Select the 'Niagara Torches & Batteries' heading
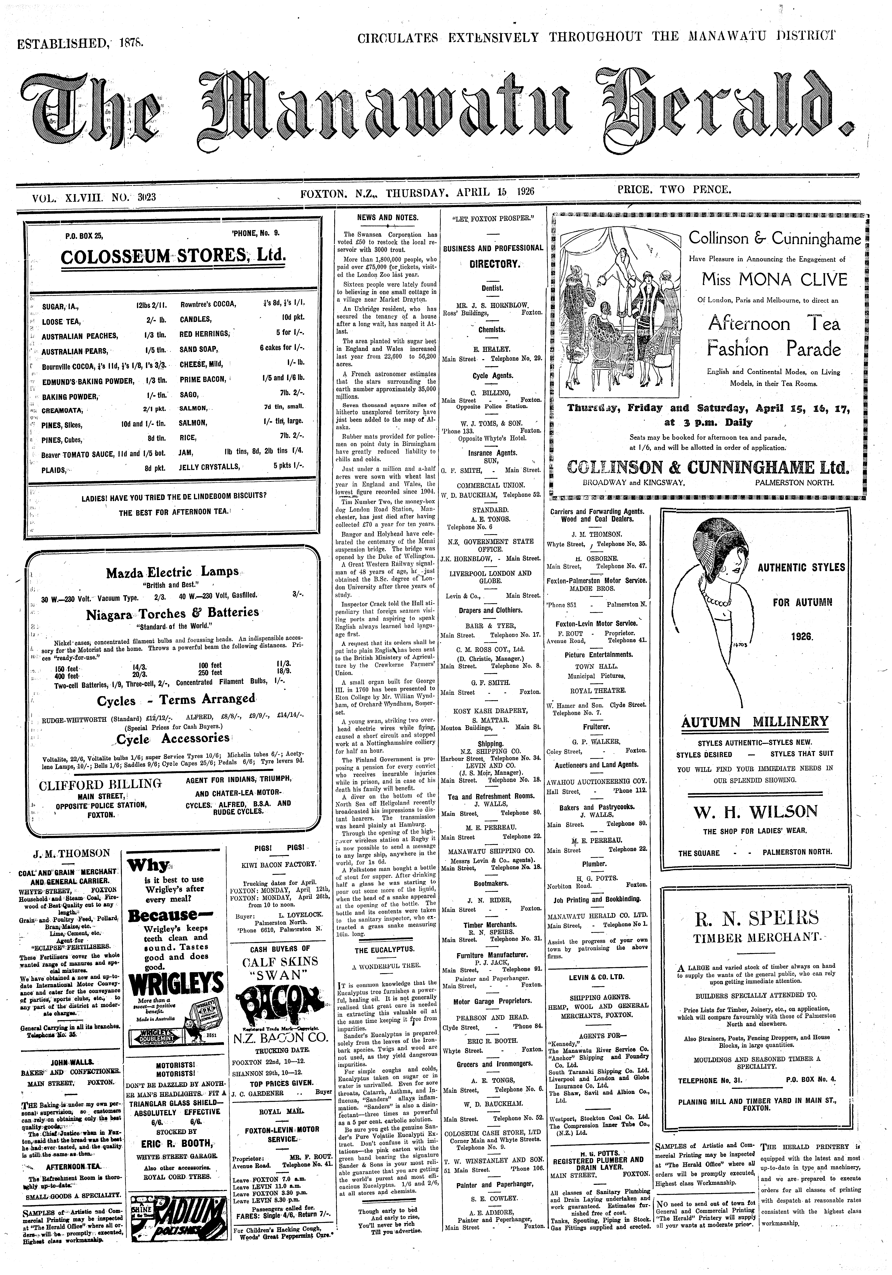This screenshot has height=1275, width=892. (x=172, y=613)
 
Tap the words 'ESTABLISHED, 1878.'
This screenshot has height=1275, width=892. (x=80, y=42)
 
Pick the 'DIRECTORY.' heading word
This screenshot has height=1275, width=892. (x=493, y=264)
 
